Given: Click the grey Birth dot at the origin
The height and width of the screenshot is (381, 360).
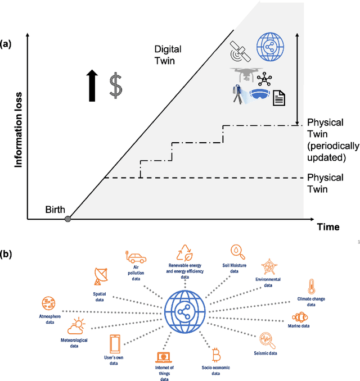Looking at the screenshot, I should [x=67, y=219].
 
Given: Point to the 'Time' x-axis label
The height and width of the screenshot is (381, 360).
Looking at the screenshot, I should [x=327, y=227].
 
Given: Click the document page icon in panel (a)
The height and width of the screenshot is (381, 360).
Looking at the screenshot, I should [x=279, y=99].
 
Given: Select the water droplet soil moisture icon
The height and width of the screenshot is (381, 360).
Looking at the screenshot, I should [x=236, y=251].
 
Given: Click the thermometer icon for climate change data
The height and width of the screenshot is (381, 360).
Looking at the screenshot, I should [x=310, y=285].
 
